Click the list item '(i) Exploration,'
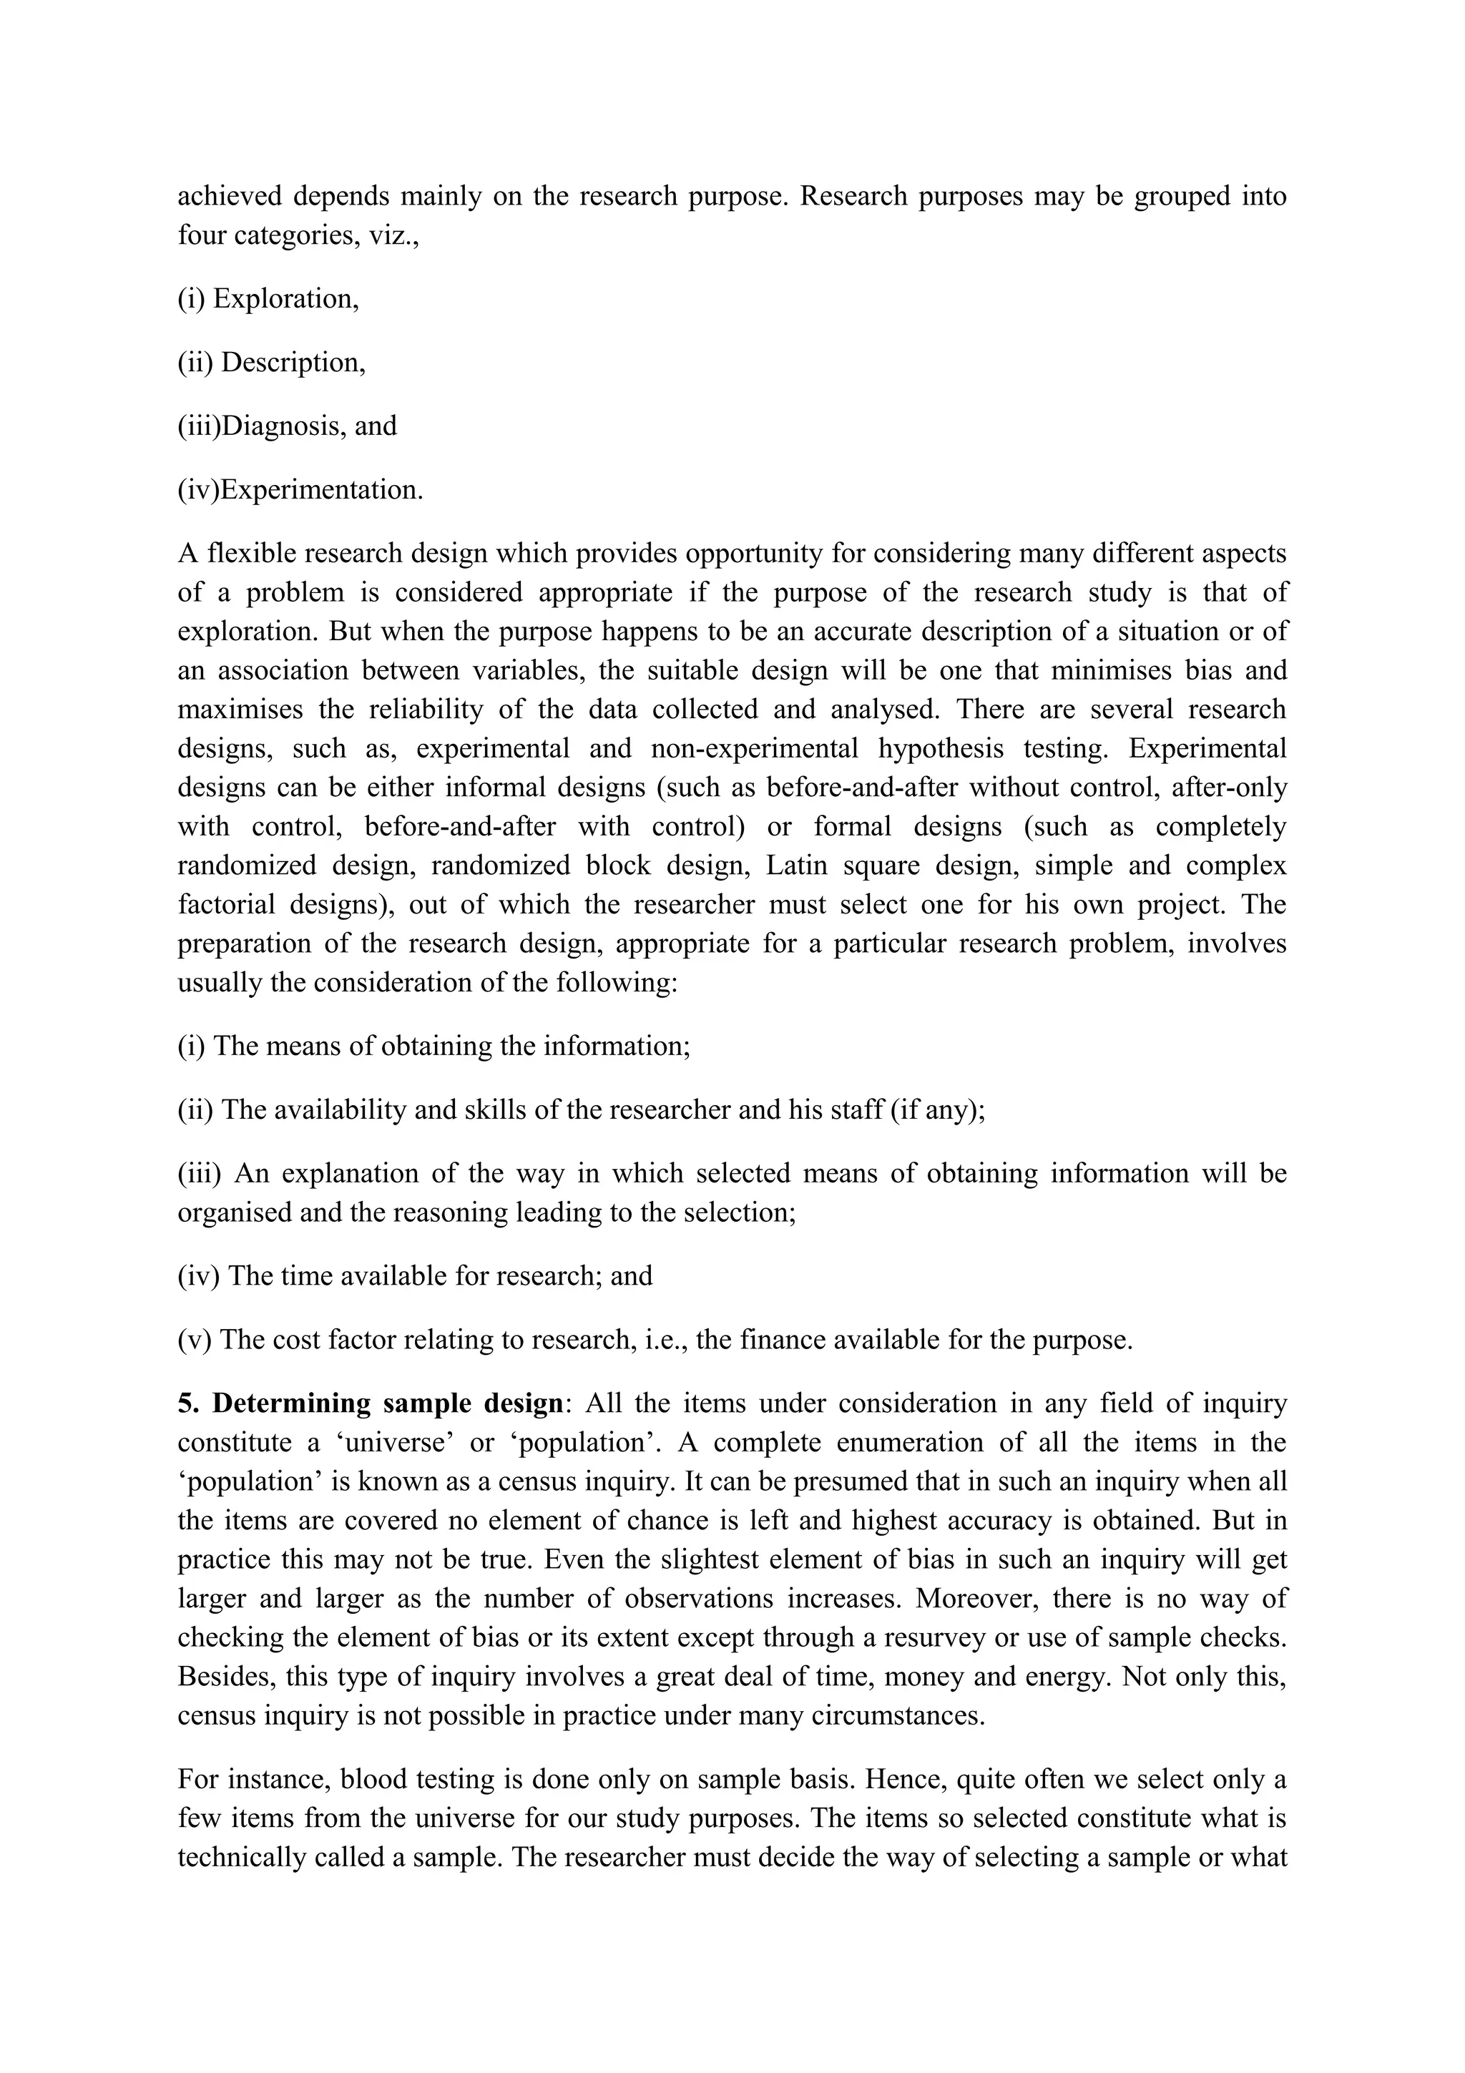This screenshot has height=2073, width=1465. coord(268,299)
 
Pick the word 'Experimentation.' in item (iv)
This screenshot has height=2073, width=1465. coord(322,490)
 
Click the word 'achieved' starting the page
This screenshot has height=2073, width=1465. coord(230,197)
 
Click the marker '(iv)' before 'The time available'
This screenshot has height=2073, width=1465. coord(199,1275)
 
